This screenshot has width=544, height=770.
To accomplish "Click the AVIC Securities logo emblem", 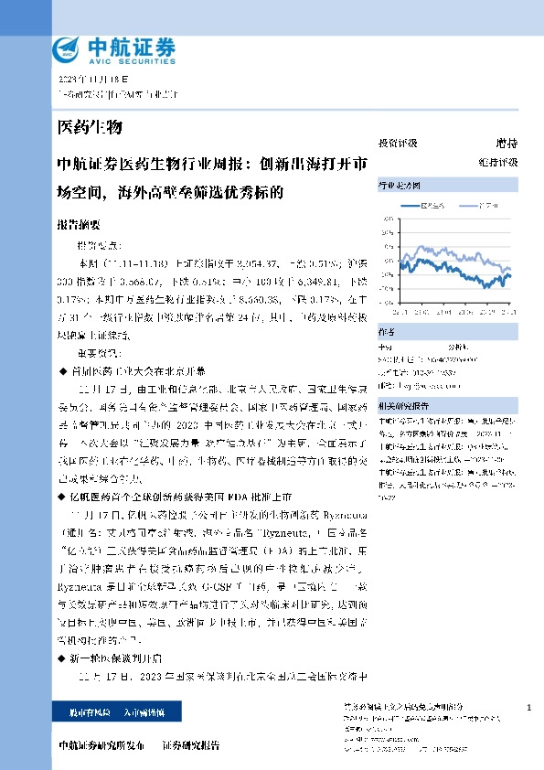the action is [70, 48].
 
